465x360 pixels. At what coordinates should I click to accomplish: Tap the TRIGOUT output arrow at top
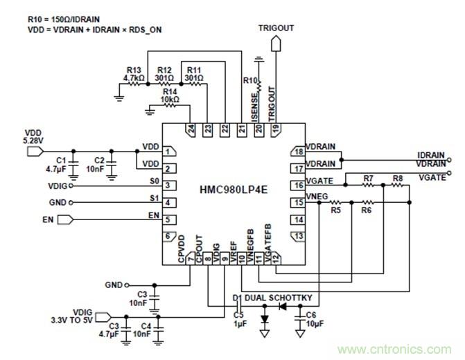[x=276, y=43]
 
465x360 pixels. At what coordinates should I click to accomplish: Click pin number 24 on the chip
[x=190, y=128]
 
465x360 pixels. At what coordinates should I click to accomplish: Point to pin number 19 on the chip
[x=276, y=128]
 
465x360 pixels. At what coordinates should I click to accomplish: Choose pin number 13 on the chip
[x=299, y=236]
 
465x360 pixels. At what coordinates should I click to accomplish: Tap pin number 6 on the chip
[x=168, y=236]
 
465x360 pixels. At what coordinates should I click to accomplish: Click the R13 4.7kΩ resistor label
[x=134, y=75]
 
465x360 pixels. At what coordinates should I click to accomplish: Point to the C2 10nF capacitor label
[x=94, y=163]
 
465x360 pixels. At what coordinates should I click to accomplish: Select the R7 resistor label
[x=368, y=179]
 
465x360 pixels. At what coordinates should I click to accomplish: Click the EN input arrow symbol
[x=64, y=220]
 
